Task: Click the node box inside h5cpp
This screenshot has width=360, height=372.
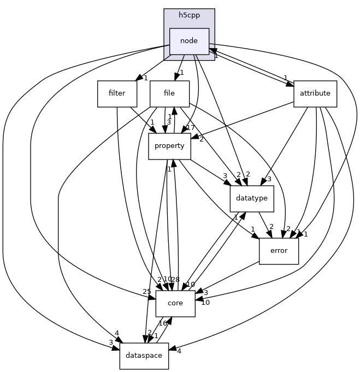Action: tap(189, 41)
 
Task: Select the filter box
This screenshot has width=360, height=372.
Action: tap(117, 93)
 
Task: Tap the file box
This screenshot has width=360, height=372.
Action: tap(169, 93)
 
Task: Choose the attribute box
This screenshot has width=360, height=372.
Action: tap(315, 93)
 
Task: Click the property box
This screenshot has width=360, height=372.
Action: tap(169, 146)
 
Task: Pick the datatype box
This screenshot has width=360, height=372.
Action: tap(252, 198)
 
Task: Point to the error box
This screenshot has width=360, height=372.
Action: tap(279, 251)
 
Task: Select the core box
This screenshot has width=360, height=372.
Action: tap(175, 303)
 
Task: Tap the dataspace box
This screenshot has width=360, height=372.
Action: tap(144, 356)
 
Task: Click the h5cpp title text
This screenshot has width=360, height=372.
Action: tap(189, 15)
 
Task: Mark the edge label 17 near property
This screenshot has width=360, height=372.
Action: tap(191, 128)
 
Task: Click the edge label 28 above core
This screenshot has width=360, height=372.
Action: tap(175, 279)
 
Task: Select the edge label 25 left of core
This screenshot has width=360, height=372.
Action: tap(146, 292)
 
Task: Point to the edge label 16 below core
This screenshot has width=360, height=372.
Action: tap(163, 323)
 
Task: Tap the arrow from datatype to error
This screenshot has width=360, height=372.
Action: tap(265, 225)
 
